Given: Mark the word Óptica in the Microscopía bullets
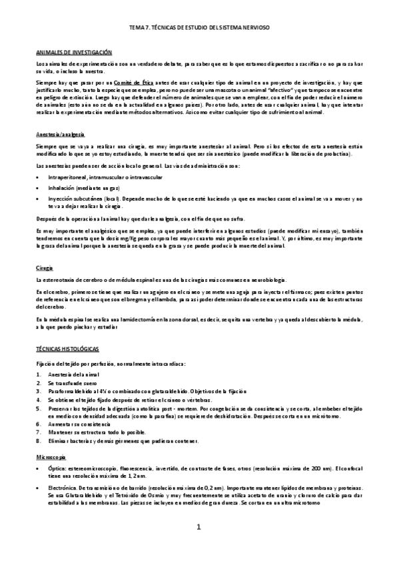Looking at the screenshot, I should [55, 470].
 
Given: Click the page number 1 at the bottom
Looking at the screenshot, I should [199, 527].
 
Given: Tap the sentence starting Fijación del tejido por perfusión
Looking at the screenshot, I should [111, 363].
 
